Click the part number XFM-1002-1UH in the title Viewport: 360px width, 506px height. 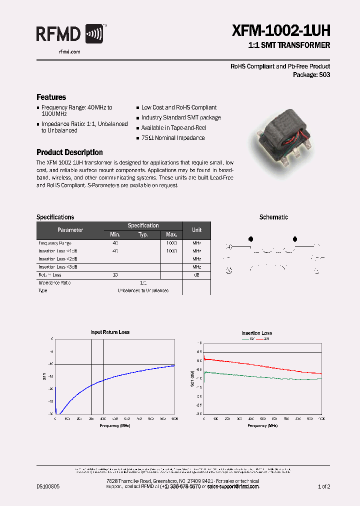pyautogui.click(x=281, y=31)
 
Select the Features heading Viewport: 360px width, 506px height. pyautogui.click(x=51, y=97)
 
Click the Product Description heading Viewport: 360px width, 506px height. pyautogui.click(x=69, y=152)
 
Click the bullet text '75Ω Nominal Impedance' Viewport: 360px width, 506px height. pyautogui.click(x=173, y=138)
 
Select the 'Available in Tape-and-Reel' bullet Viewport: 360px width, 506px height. pyautogui.click(x=173, y=128)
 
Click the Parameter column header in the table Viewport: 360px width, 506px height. pyautogui.click(x=70, y=230)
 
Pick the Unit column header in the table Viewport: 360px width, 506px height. pyautogui.click(x=196, y=230)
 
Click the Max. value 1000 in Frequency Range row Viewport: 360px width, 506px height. pyautogui.click(x=171, y=243)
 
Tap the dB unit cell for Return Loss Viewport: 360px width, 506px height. pyautogui.click(x=196, y=275)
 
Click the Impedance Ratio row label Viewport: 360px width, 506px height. pyautogui.click(x=54, y=283)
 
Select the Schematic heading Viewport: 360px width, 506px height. pyautogui.click(x=273, y=217)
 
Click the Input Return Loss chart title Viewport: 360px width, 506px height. pyautogui.click(x=110, y=332)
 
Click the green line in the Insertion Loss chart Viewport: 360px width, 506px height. pyautogui.click(x=260, y=376)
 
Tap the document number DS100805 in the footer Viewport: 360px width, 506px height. pyautogui.click(x=48, y=486)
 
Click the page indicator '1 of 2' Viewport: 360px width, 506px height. pyautogui.click(x=323, y=486)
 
